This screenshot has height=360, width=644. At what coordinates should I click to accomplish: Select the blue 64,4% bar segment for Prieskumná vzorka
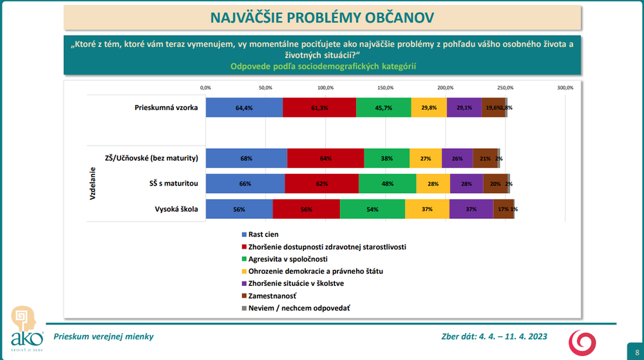(244, 107)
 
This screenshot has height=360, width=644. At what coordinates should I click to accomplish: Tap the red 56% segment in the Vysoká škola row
(306, 209)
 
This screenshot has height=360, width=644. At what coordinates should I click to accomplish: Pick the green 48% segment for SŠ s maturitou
(387, 184)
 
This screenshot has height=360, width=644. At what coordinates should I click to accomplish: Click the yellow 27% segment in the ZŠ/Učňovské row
(425, 158)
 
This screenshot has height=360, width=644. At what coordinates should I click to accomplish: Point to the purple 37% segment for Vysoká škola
(471, 209)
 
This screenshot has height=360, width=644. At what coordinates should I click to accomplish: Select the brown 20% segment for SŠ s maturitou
(495, 184)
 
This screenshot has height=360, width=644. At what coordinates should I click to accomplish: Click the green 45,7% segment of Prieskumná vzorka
(383, 107)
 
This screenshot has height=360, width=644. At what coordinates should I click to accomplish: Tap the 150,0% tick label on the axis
(385, 87)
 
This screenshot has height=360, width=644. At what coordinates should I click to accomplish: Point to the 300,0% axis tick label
(565, 87)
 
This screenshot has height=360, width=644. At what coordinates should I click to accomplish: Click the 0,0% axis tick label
(205, 87)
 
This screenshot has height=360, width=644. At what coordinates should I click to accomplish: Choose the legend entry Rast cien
(263, 234)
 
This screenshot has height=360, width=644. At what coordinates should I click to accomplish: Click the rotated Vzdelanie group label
(93, 184)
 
